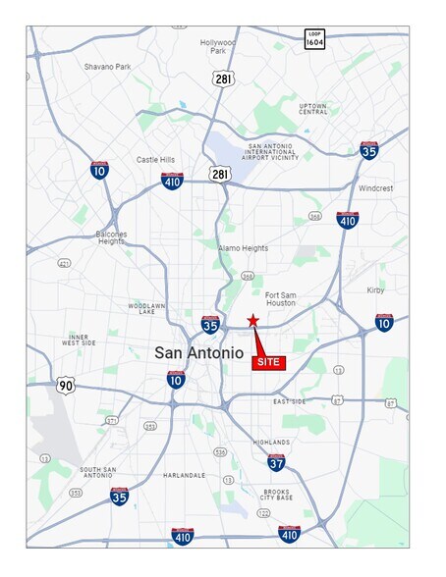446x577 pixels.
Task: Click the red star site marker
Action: [x=252, y=320]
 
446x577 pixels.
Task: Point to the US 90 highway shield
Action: [x=65, y=385]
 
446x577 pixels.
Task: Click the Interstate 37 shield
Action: [x=276, y=462]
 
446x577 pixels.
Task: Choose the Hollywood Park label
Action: [x=218, y=48]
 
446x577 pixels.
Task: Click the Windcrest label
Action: [x=375, y=187]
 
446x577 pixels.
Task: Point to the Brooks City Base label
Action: [x=278, y=496]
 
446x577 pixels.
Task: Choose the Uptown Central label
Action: [x=313, y=108]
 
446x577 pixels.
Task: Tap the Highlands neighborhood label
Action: [x=270, y=443]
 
